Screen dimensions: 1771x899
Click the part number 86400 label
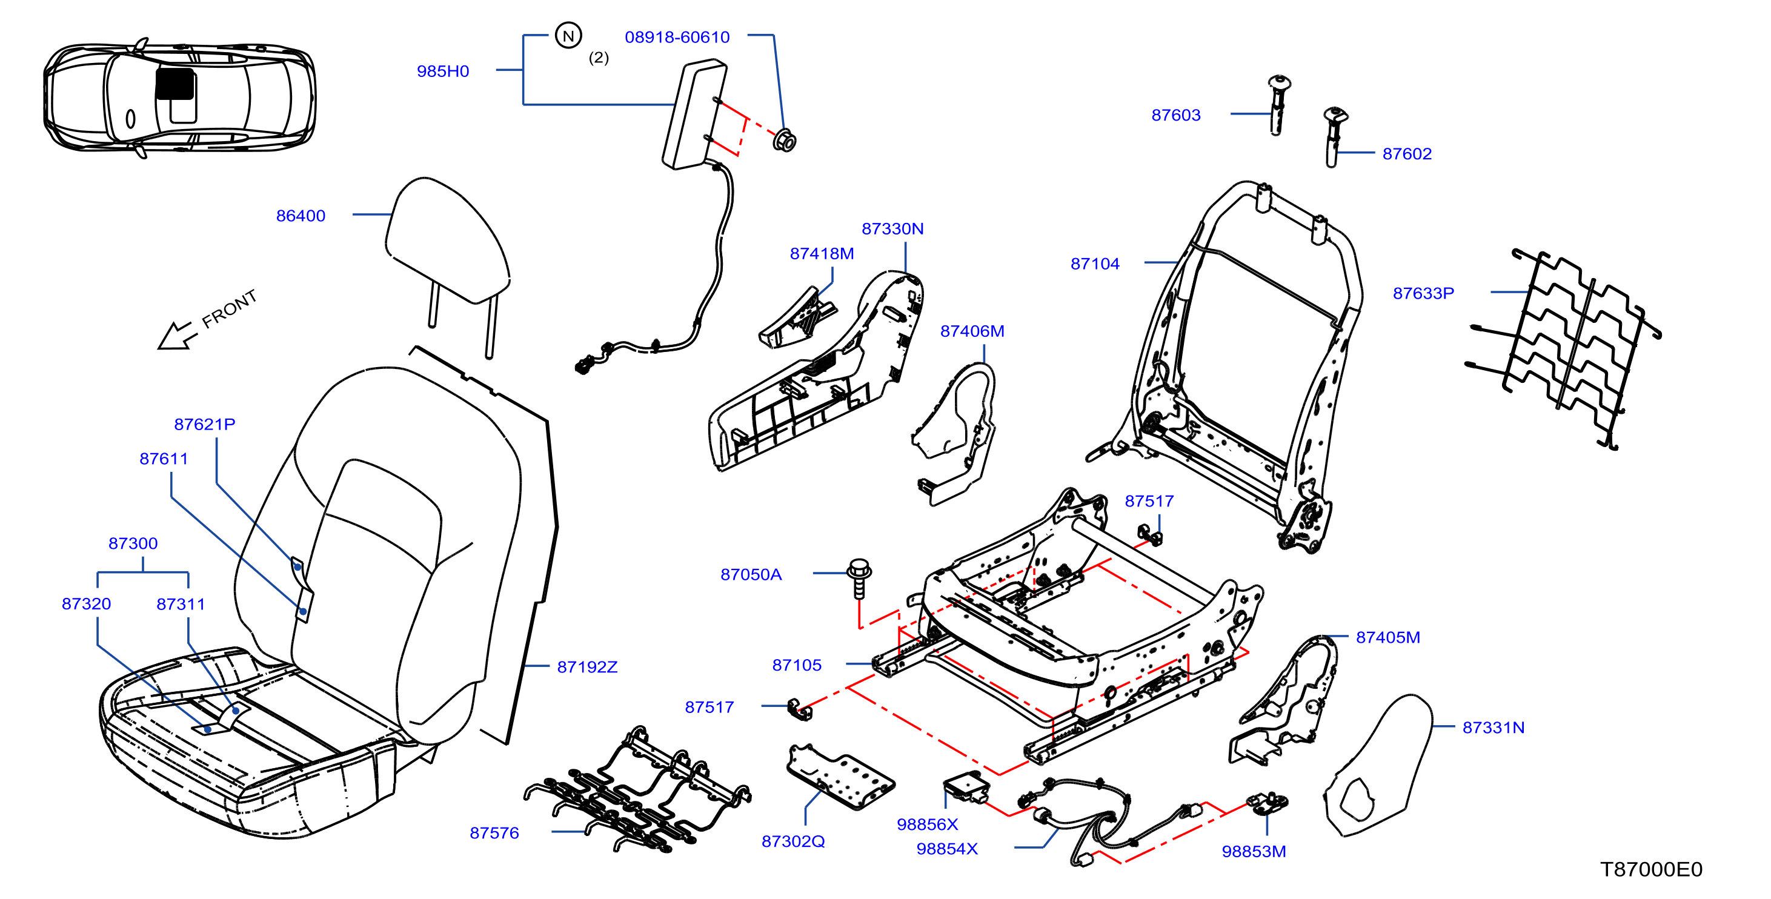301,216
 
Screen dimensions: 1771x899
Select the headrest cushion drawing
447,241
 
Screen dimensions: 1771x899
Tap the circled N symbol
568,36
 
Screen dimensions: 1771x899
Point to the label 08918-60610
677,37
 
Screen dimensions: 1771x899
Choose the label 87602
1407,154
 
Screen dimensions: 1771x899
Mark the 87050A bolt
859,578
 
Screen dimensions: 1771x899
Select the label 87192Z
587,667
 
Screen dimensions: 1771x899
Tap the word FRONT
230,308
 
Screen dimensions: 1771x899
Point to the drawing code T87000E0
1652,869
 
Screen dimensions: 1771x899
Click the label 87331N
1494,727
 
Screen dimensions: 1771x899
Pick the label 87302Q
792,841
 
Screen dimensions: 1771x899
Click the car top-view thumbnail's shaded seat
174,84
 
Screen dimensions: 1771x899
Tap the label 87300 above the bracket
133,543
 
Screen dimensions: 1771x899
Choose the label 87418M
822,254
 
